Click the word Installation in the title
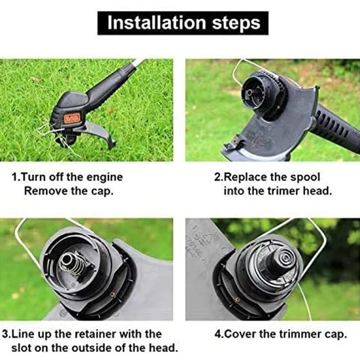[157, 23]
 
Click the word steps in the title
[236, 23]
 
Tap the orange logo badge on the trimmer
[72, 118]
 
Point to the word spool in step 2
[305, 177]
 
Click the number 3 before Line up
[5, 334]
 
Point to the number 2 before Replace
[217, 177]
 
